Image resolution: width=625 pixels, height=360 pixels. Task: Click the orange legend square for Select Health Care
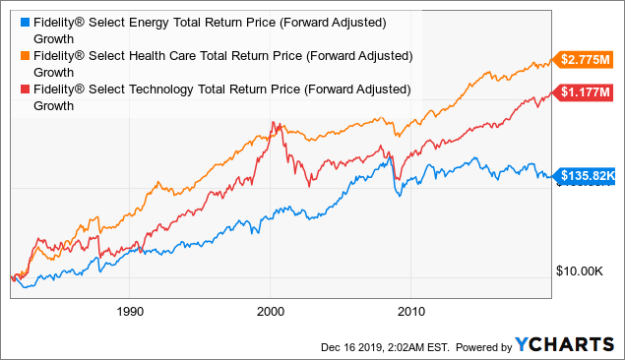(12, 55)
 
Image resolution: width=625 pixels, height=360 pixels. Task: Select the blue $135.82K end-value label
(587, 177)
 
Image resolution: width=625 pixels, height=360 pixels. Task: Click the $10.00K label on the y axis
(579, 270)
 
